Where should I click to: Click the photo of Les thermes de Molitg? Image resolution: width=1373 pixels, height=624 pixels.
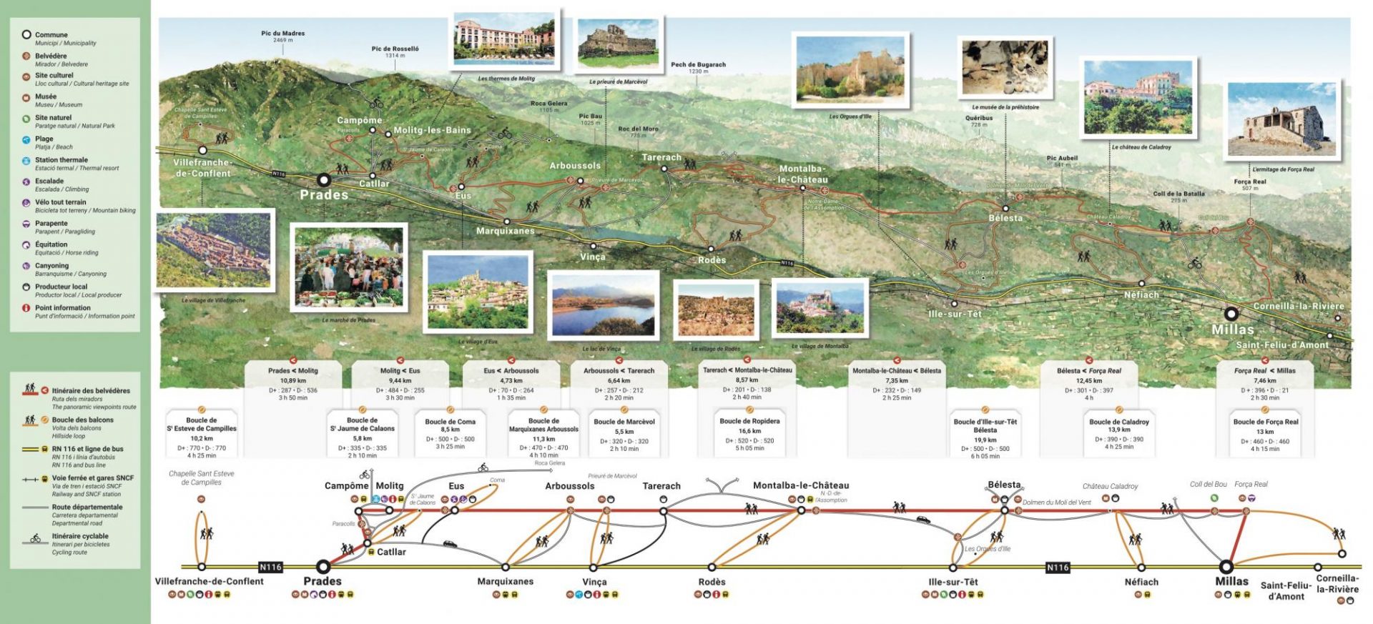(x=504, y=40)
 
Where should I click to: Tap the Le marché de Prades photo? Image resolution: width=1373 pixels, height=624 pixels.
(x=349, y=268)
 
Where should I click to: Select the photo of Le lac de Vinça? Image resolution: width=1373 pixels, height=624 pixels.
(x=604, y=305)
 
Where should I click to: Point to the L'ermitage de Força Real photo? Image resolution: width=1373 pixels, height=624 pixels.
(x=1282, y=121)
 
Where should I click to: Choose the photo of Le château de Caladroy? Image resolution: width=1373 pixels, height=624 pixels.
(x=1138, y=98)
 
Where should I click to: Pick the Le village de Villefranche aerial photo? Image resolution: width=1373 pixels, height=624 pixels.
(x=214, y=249)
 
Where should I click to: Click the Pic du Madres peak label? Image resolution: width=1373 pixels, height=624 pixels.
(x=282, y=34)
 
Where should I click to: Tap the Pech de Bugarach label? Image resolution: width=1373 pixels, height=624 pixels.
(x=698, y=65)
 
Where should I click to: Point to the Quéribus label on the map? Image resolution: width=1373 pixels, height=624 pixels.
(x=978, y=119)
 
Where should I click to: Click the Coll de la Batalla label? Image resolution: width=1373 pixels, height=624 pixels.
(x=1178, y=194)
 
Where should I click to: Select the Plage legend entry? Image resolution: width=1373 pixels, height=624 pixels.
(x=44, y=139)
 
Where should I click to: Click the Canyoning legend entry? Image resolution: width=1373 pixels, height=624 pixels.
(x=52, y=266)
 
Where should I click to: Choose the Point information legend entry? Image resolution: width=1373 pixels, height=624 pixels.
(x=63, y=308)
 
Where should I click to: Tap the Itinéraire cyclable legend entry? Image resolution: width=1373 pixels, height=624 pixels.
(x=80, y=536)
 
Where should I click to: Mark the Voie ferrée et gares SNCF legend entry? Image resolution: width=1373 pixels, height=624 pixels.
(x=92, y=478)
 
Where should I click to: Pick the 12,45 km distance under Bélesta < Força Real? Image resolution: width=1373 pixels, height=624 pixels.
(x=1088, y=381)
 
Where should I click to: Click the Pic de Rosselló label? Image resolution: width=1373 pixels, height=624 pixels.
(x=395, y=49)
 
